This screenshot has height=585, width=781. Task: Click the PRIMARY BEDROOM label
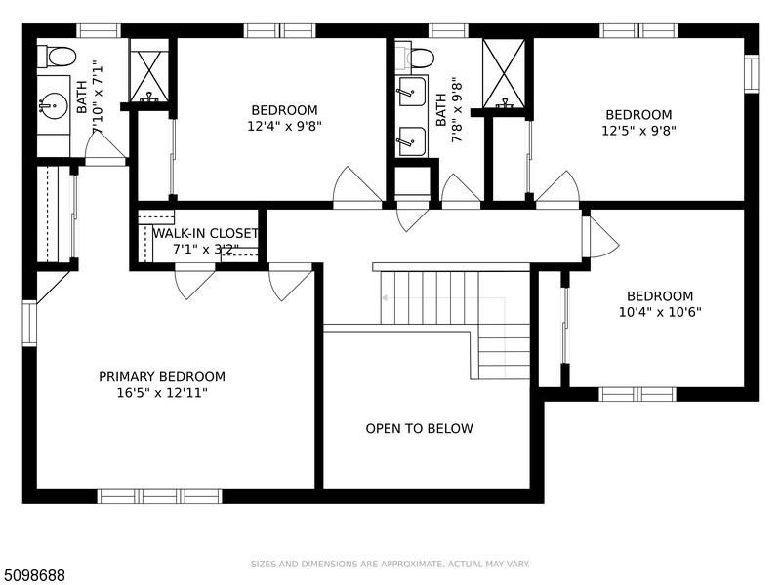tap(162, 377)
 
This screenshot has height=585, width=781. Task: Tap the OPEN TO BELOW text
tap(419, 428)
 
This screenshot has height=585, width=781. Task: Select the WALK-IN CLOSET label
tap(205, 233)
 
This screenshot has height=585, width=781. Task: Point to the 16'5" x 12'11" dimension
tap(162, 393)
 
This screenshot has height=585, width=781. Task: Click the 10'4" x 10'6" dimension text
tap(660, 312)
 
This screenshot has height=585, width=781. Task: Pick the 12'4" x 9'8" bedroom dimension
tap(284, 126)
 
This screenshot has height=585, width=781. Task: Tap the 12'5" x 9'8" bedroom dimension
tap(639, 131)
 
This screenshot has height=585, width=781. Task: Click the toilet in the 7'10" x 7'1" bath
tap(57, 56)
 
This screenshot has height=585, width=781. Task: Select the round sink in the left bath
tap(54, 106)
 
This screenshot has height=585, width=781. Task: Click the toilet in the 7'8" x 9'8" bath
tap(415, 58)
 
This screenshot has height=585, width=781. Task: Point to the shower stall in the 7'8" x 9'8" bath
tap(504, 73)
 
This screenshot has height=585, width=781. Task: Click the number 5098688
tap(32, 575)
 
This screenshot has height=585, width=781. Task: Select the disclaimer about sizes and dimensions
tap(390, 565)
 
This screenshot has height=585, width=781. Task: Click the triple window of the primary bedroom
tap(159, 496)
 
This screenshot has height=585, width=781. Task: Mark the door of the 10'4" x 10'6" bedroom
tap(600, 238)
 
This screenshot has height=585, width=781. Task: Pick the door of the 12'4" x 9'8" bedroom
tap(357, 187)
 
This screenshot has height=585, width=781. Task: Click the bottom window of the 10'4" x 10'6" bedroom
tap(637, 394)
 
